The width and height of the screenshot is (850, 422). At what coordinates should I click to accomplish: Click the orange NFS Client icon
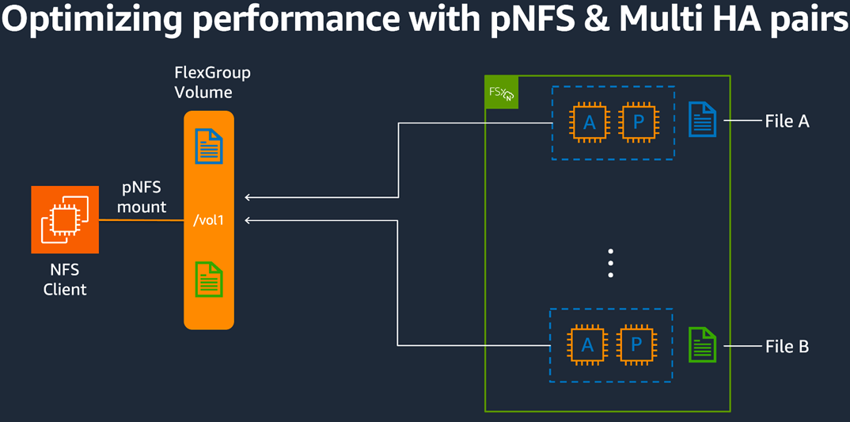(65, 219)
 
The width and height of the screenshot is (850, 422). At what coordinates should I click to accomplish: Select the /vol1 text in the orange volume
(209, 220)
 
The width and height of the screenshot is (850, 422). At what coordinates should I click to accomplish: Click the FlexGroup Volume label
(212, 82)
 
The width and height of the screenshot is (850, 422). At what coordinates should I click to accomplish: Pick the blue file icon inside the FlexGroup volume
(209, 146)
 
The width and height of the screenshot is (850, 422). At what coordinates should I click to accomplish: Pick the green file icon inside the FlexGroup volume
(209, 279)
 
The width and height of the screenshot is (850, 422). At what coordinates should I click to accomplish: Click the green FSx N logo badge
(501, 92)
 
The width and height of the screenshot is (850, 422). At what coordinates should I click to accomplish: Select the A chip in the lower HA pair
(587, 344)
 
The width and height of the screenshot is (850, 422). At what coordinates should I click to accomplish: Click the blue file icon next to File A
(702, 120)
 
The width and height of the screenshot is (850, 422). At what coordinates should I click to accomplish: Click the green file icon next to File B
(702, 344)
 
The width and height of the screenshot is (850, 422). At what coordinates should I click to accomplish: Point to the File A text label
(787, 121)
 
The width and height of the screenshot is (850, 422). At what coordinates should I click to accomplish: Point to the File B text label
(787, 346)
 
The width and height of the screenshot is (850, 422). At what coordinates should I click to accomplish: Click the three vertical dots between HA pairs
(611, 262)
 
